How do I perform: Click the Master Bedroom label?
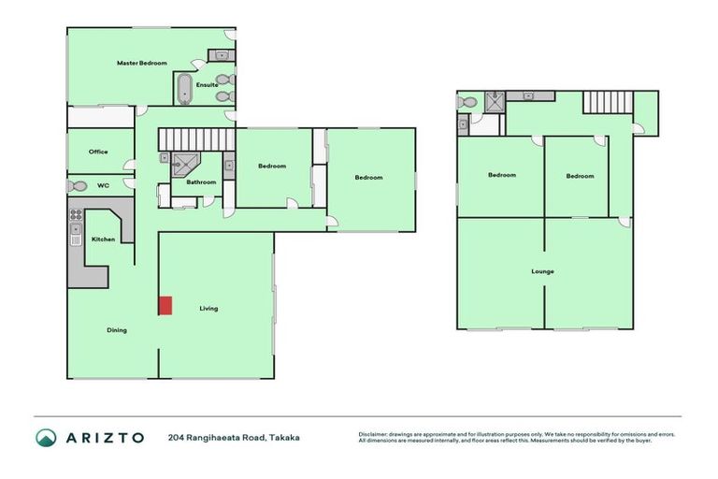coord(141,64)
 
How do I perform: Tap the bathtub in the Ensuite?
coord(184,89)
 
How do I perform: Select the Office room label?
coord(98,152)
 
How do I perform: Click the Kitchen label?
coord(103,239)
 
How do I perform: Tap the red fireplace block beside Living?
coord(165,305)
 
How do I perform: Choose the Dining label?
coord(116,329)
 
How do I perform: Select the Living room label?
coord(208,308)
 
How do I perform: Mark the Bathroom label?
coord(201,181)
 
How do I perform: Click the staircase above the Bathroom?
coord(194,139)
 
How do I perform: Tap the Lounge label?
coord(542,271)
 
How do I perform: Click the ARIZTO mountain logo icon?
coord(46,437)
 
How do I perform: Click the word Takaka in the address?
coord(284,437)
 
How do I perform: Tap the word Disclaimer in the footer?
coord(378,434)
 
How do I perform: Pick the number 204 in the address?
coord(176,437)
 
